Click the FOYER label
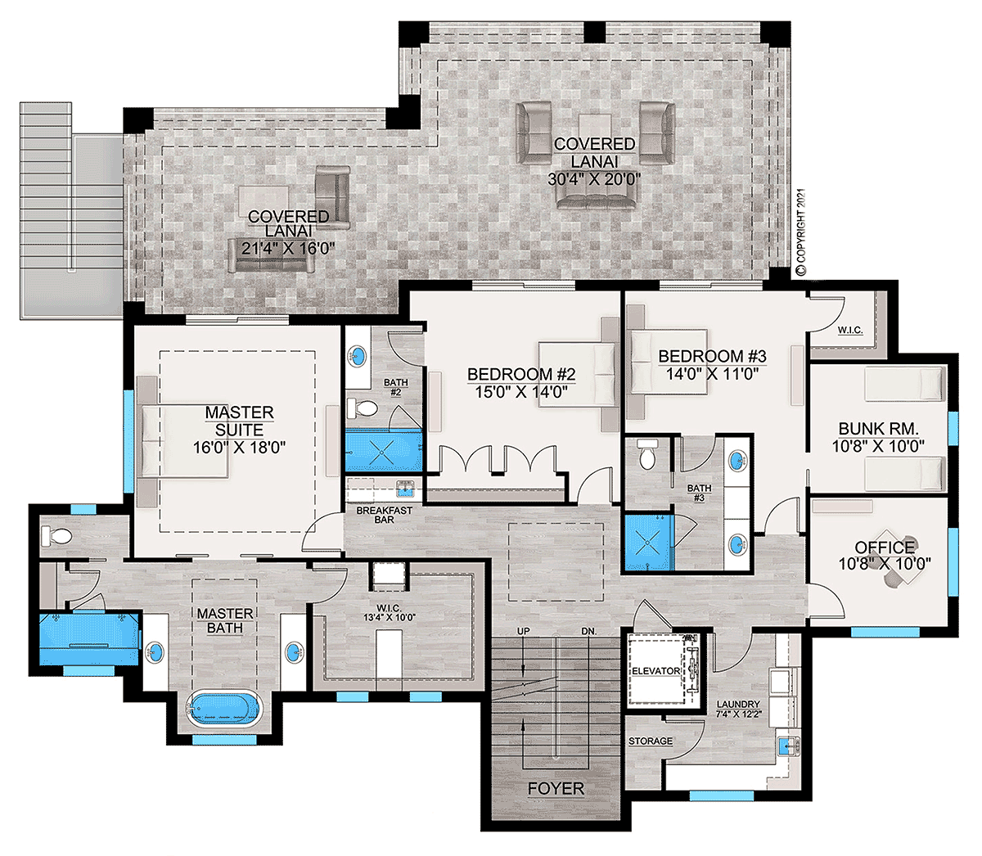(x=556, y=788)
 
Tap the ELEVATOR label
(x=655, y=671)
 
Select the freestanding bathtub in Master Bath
(x=223, y=708)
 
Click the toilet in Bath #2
(x=363, y=409)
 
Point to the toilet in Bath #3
(x=646, y=453)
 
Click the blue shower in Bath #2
(x=384, y=451)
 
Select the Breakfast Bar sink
(x=404, y=489)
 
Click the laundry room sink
(x=788, y=746)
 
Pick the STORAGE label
(x=651, y=741)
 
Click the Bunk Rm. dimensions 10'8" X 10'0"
(x=878, y=446)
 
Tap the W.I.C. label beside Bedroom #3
(x=850, y=330)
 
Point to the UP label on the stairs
(x=523, y=631)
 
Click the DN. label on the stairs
(x=588, y=632)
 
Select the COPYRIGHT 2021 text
(x=800, y=232)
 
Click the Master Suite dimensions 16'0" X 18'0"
(x=239, y=448)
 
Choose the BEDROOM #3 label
(x=712, y=356)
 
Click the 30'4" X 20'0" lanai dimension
(x=594, y=179)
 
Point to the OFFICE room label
(x=885, y=547)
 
